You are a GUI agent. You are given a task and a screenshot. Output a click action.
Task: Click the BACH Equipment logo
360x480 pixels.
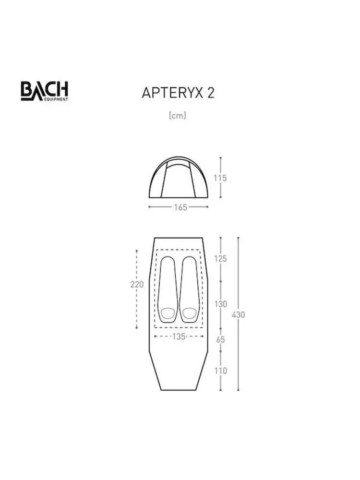(44, 91)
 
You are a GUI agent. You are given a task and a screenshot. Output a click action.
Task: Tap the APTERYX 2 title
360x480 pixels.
(178, 93)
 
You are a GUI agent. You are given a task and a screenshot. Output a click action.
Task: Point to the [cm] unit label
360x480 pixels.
(178, 115)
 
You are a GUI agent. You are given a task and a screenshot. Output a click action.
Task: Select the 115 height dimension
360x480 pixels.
(220, 178)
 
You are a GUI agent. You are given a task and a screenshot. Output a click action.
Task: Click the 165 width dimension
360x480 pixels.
(180, 207)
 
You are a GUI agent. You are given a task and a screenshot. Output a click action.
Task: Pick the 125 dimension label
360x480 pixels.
(220, 259)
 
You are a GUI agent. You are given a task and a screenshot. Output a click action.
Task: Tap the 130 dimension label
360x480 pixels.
(221, 304)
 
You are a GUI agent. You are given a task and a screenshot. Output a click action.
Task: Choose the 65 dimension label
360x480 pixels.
(220, 339)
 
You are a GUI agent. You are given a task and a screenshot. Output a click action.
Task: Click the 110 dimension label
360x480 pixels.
(221, 371)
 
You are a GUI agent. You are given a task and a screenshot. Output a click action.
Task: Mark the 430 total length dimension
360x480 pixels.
(239, 314)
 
